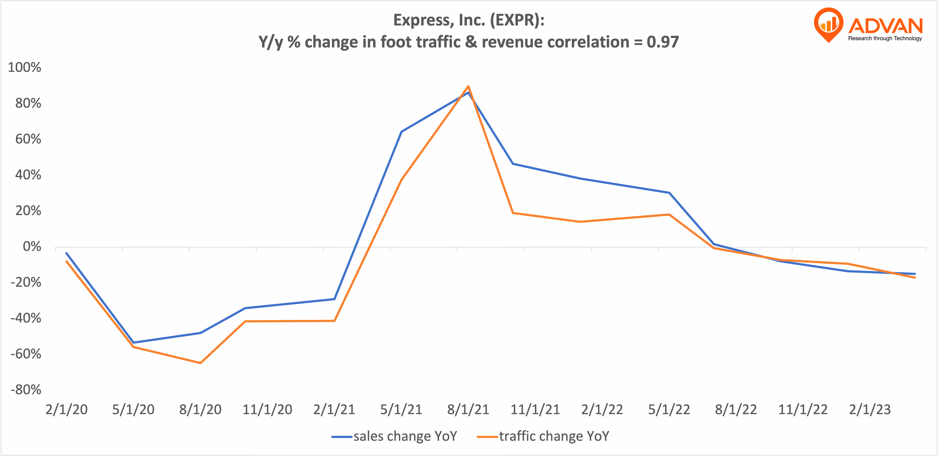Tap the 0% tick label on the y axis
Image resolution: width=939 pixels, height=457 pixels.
click(x=32, y=247)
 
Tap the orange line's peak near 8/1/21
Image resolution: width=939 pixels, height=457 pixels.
click(x=468, y=86)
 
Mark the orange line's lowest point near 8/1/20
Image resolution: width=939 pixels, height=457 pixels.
click(x=201, y=363)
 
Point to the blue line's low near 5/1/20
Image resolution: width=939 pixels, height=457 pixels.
click(x=133, y=342)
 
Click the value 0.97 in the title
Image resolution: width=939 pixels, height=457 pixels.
click(x=662, y=42)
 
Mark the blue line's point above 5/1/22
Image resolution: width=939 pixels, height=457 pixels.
click(x=669, y=193)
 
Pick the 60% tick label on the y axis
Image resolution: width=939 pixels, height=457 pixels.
click(x=28, y=139)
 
